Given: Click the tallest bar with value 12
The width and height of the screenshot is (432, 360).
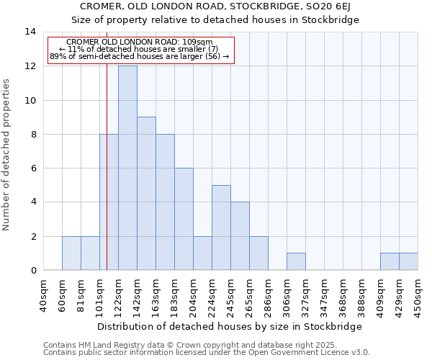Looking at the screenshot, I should (x=127, y=168).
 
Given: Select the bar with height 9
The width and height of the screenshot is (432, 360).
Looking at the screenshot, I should (x=146, y=194).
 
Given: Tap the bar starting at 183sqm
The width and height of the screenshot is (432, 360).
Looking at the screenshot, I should (x=184, y=219).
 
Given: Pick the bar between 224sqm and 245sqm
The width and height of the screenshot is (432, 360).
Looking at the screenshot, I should (x=221, y=228).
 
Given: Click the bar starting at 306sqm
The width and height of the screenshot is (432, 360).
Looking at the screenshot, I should (x=296, y=261).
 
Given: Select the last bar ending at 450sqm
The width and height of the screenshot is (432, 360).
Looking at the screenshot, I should (x=408, y=261).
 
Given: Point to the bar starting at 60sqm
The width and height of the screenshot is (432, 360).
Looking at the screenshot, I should (x=71, y=253).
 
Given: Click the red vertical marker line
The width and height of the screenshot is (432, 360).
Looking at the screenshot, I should (x=107, y=180).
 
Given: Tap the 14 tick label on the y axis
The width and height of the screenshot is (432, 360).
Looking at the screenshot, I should (x=30, y=32).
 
